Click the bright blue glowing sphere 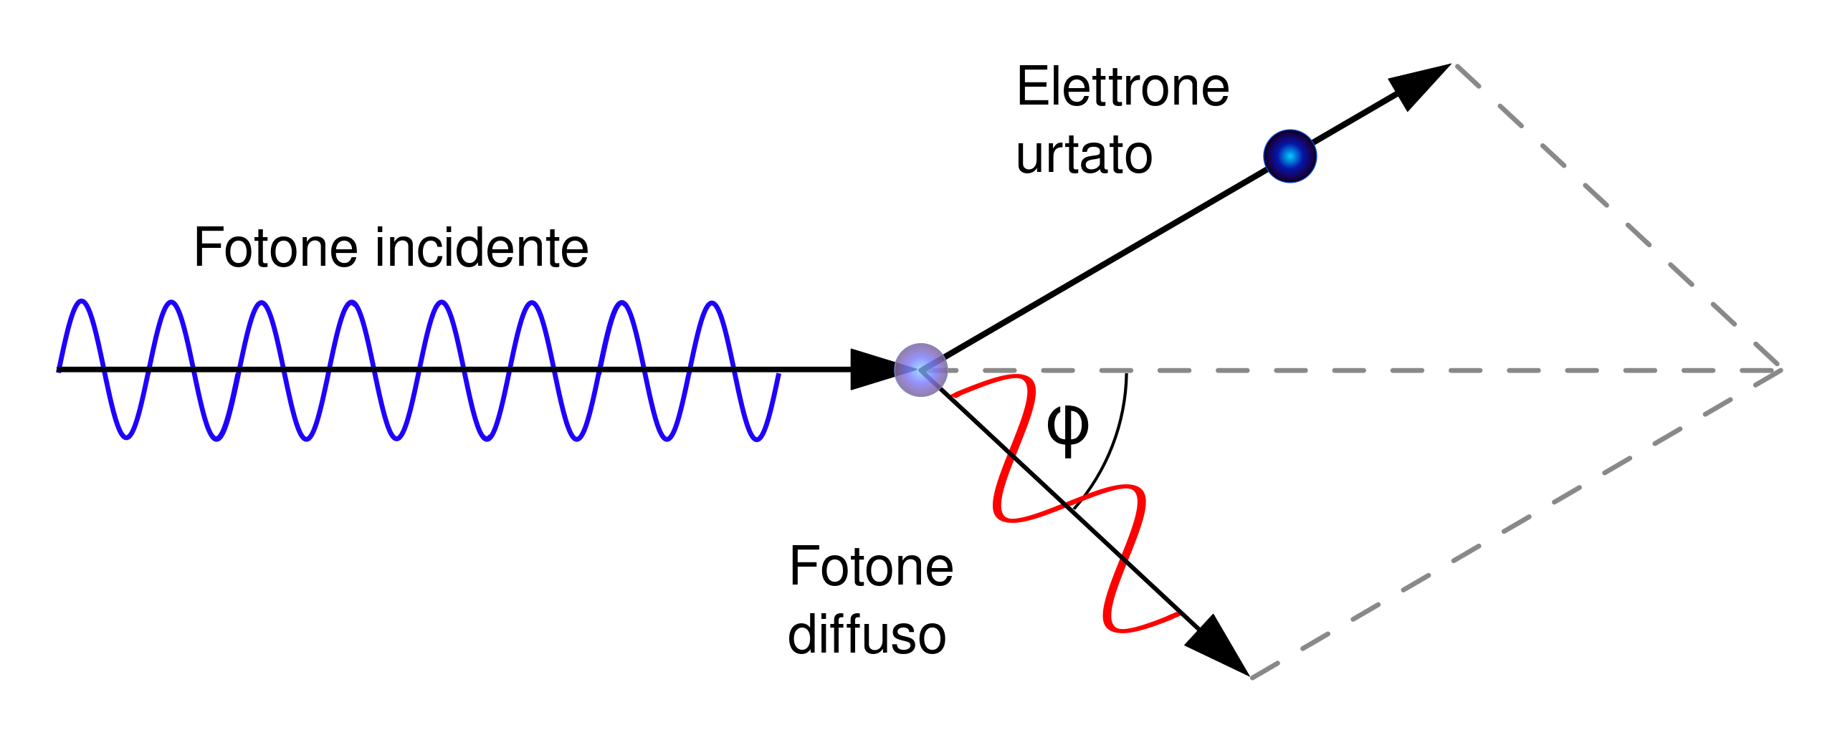pyautogui.click(x=1290, y=156)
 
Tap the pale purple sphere pyautogui.click(x=920, y=370)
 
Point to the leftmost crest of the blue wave pyautogui.click(x=82, y=301)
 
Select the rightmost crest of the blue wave pyautogui.click(x=711, y=303)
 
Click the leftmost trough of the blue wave pyautogui.click(x=127, y=438)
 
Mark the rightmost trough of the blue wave pyautogui.click(x=756, y=439)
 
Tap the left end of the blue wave pyautogui.click(x=59, y=370)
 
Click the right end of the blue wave pyautogui.click(x=779, y=375)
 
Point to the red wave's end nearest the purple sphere pyautogui.click(x=953, y=395)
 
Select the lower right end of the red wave pyautogui.click(x=1178, y=614)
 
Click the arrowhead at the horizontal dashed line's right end pyautogui.click(x=1779, y=370)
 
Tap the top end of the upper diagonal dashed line pyautogui.click(x=1457, y=66)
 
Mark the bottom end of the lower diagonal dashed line pyautogui.click(x=1252, y=678)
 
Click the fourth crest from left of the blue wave pyautogui.click(x=351, y=302)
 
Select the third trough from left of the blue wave pyautogui.click(x=307, y=439)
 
